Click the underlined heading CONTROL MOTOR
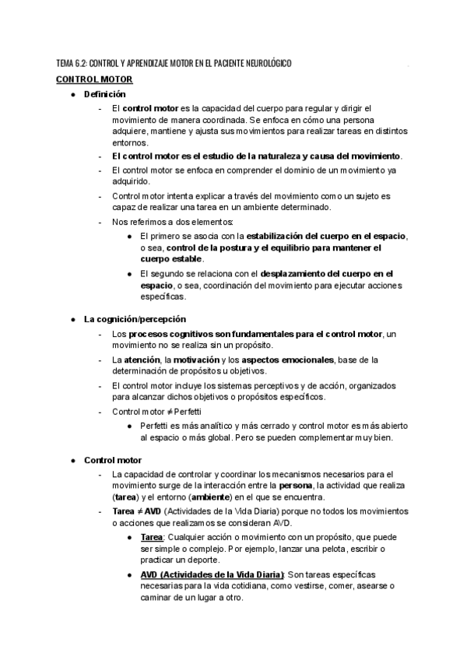[x=94, y=79]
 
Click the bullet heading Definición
[x=104, y=94]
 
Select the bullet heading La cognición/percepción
[x=135, y=319]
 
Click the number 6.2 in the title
[x=79, y=63]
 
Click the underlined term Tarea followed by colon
[x=151, y=537]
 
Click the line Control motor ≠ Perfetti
[x=156, y=411]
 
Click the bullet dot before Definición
[x=72, y=94]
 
